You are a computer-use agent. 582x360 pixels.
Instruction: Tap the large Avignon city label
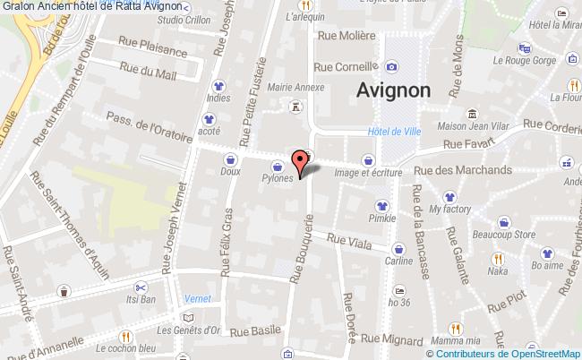392,90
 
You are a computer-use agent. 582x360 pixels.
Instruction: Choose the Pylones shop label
278,178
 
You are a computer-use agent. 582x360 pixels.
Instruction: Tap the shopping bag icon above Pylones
278,166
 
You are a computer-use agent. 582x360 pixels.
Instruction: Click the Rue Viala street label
347,239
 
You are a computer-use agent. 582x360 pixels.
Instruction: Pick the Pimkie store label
381,218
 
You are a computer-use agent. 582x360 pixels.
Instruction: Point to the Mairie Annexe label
295,87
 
